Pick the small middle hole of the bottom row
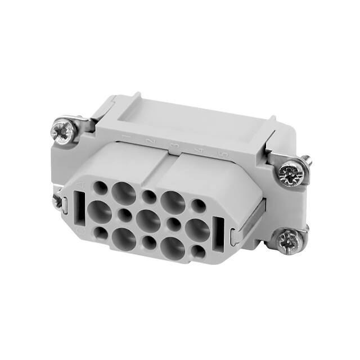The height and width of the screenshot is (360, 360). click(x=148, y=243)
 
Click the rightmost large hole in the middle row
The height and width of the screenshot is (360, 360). click(x=197, y=229)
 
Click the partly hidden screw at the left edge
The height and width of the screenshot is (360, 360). click(x=57, y=200)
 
